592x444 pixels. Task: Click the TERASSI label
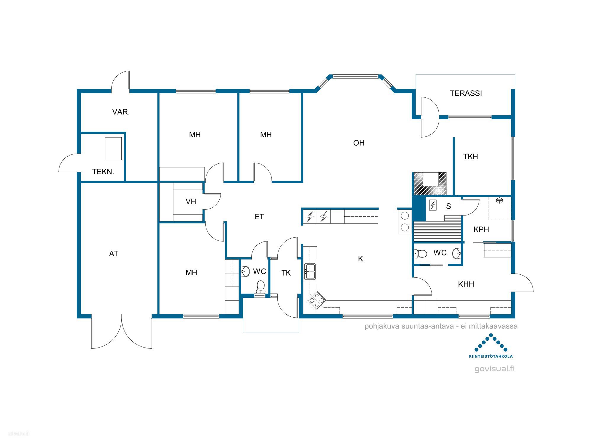click(x=466, y=93)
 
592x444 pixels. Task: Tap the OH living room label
click(x=359, y=143)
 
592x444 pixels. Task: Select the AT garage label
click(x=114, y=254)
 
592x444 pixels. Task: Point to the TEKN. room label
click(x=103, y=172)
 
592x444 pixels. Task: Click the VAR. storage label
click(x=121, y=112)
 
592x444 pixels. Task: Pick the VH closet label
click(x=191, y=202)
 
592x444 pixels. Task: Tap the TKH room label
click(x=471, y=157)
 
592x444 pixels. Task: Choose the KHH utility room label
click(x=466, y=284)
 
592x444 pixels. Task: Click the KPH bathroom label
click(x=481, y=229)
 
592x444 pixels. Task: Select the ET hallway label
click(x=259, y=217)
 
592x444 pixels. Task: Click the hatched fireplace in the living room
click(x=430, y=184)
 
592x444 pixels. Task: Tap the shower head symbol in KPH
click(x=499, y=200)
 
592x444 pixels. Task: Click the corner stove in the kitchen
click(x=316, y=300)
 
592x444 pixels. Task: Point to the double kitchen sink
click(x=310, y=272)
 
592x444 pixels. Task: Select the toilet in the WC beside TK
click(x=260, y=287)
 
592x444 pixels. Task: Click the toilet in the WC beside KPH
click(x=420, y=254)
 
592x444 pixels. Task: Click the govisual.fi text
click(x=494, y=369)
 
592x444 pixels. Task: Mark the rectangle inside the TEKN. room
click(x=113, y=149)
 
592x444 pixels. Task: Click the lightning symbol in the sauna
click(x=433, y=205)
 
